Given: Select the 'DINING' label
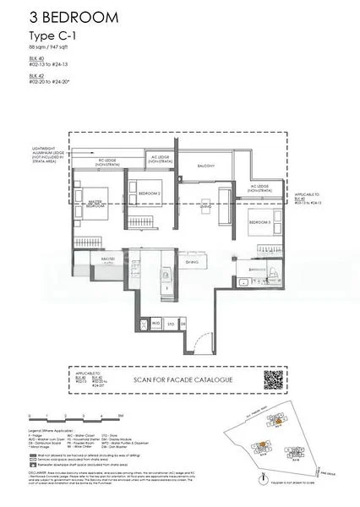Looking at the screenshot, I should (193, 262).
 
